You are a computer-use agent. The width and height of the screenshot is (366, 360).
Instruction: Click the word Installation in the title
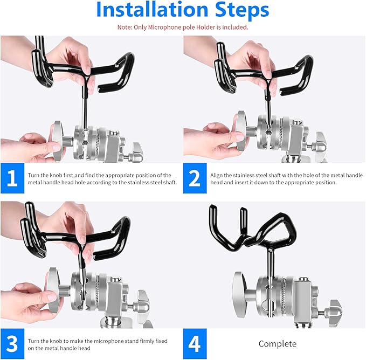152,10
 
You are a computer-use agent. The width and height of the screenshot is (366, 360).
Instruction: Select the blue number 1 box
12,178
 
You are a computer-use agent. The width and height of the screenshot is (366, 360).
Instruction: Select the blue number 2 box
195,178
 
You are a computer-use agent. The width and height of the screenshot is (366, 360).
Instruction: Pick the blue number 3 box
12,344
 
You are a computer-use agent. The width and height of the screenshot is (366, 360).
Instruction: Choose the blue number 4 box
195,344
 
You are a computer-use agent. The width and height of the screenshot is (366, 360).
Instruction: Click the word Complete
278,344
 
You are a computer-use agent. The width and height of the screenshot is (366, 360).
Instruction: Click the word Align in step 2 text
216,176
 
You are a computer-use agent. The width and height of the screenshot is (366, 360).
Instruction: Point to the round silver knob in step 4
239,294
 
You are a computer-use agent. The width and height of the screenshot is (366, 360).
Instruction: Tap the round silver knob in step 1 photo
57,141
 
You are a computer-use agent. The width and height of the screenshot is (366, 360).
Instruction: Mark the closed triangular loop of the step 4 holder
277,231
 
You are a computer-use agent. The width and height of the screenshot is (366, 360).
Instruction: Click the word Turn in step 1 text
33,175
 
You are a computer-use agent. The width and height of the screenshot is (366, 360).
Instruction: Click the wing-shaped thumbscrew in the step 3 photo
143,306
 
